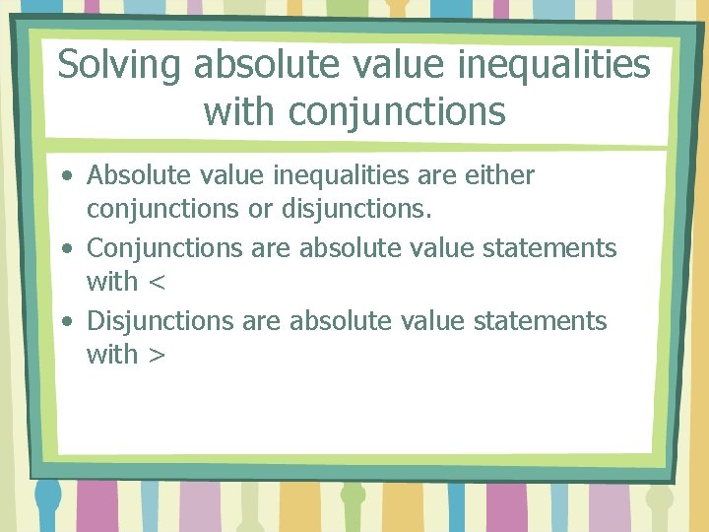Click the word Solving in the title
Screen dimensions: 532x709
(x=120, y=66)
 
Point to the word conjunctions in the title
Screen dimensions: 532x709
(x=397, y=111)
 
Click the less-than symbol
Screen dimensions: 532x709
(x=156, y=283)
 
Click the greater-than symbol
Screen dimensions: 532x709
(x=156, y=356)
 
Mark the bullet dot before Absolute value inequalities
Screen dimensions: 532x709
(x=66, y=177)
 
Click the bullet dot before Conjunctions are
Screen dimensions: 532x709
(x=66, y=249)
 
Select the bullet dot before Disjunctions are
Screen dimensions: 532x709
(x=66, y=322)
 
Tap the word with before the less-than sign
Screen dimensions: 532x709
(x=112, y=282)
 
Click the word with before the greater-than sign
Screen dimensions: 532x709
(x=112, y=355)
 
